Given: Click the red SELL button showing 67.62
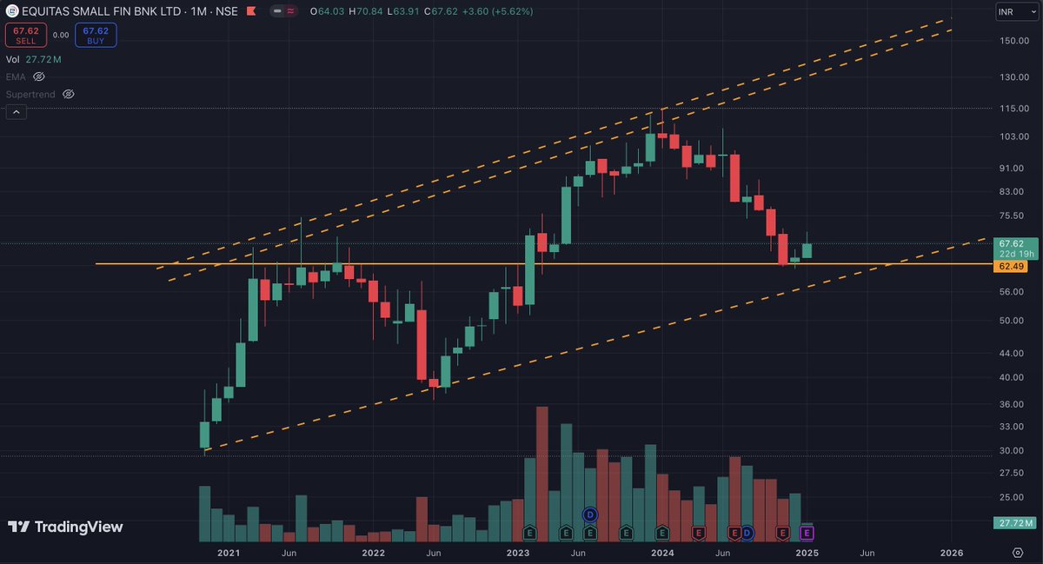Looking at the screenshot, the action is (x=26, y=35).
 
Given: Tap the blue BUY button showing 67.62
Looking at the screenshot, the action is (x=96, y=35).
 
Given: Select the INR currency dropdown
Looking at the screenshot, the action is (x=1016, y=11).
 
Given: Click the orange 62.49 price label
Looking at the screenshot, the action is (x=1010, y=267).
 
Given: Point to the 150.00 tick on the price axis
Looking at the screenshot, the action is (x=1014, y=41).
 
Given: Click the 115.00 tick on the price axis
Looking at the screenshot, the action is (x=1014, y=108).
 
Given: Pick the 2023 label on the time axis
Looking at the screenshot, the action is (x=518, y=553).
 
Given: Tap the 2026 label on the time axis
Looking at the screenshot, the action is (x=951, y=553).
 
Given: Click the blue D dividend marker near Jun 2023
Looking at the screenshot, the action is (x=590, y=514).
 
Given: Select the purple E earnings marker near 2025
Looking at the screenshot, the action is (x=807, y=533).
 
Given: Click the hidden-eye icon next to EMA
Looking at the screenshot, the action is (x=38, y=76).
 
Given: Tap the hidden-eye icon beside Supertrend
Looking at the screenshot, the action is (x=69, y=94).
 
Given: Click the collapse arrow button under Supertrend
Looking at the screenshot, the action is (x=17, y=112).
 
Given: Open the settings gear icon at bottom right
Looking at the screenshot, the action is (x=1018, y=553).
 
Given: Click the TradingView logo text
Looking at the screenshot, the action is (x=79, y=527).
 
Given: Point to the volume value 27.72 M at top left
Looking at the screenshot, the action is (x=43, y=59).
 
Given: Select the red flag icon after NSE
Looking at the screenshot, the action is (x=251, y=11).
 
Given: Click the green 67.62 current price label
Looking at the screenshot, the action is (x=1012, y=243).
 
